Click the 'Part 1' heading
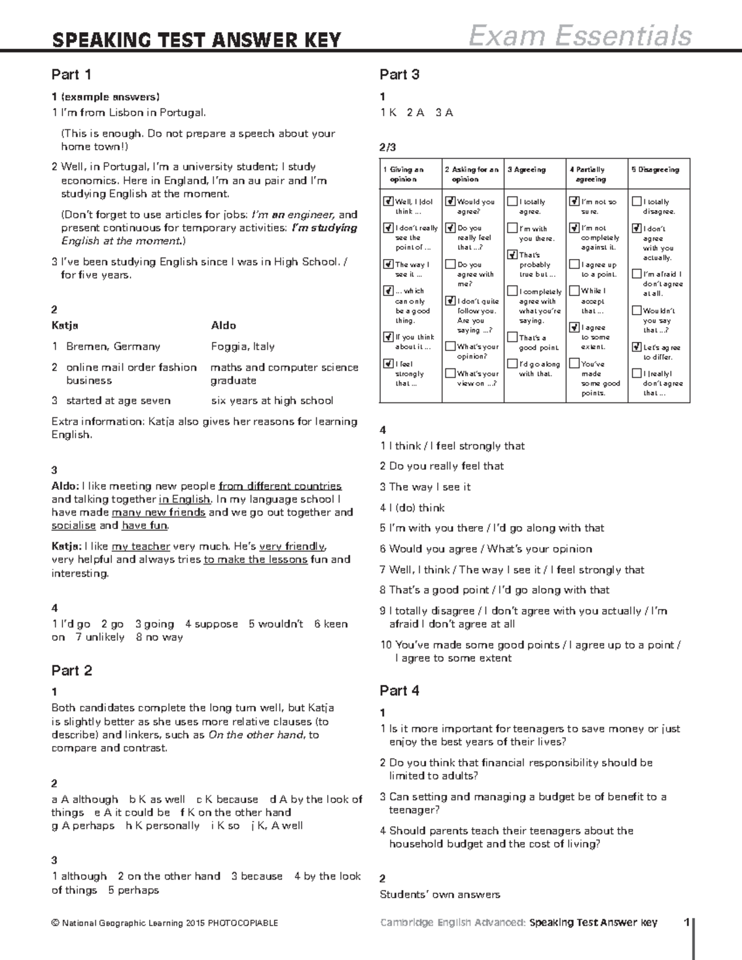pos(72,75)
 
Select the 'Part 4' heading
pos(399,690)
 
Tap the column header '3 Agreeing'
pos(527,169)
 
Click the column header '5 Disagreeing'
pos(655,169)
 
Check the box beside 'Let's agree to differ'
pos(637,347)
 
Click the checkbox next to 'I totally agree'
pos(513,202)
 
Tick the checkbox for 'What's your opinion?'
pos(450,347)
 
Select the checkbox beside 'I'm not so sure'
pos(574,202)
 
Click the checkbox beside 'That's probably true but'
pos(513,255)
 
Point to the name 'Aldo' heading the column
pos(223,325)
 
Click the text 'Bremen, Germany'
pos(113,346)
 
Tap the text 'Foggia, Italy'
pos(242,346)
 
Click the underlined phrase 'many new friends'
pos(158,512)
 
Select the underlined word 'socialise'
pos(74,525)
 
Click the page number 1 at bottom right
pos(686,923)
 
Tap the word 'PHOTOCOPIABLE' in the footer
pos(243,924)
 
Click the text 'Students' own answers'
pos(440,894)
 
